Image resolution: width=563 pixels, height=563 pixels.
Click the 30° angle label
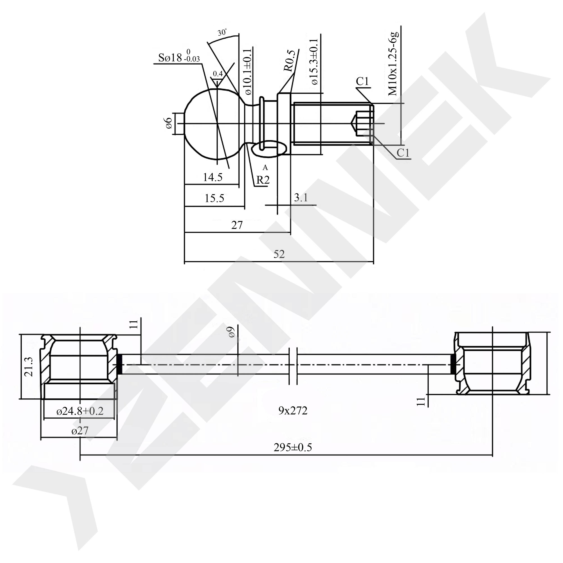tap(222, 32)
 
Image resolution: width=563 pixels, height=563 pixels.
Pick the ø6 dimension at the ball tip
tap(168, 124)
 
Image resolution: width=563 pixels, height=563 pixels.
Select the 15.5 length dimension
tap(214, 198)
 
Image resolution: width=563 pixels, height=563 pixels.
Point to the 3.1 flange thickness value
tap(301, 198)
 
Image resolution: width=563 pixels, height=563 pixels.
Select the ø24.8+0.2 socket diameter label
tap(80, 411)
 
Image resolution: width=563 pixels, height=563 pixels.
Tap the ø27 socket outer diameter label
tap(79, 431)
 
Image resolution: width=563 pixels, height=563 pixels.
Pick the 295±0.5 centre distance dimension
tap(293, 447)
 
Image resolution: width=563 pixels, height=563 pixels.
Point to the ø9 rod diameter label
tap(232, 332)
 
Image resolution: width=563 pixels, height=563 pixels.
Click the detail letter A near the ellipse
tap(265, 168)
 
